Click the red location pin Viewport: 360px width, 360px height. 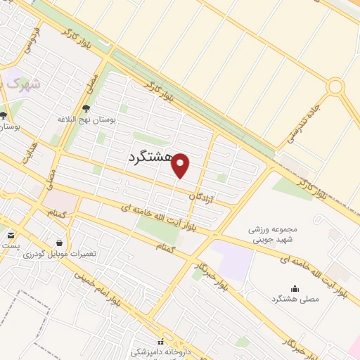pos(181,165)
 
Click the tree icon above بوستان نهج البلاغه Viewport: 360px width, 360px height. pos(86,108)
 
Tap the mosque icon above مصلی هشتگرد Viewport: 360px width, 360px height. pos(295,288)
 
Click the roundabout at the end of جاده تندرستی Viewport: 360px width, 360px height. pos(335,86)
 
